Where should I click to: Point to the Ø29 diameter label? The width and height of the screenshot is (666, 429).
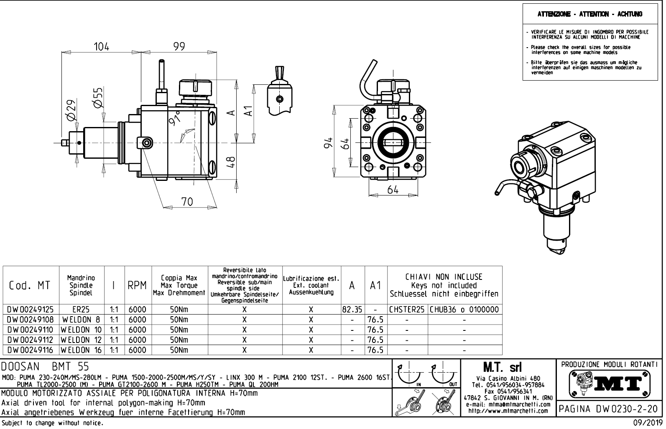pyautogui.click(x=71, y=110)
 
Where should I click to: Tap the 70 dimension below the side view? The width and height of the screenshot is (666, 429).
pyautogui.click(x=187, y=202)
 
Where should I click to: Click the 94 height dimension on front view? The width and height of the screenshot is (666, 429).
pyautogui.click(x=329, y=142)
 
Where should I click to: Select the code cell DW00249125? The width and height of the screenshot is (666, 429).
pyautogui.click(x=31, y=310)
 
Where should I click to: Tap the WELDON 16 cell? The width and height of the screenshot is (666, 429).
pyautogui.click(x=82, y=350)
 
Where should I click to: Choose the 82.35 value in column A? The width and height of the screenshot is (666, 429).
pyautogui.click(x=352, y=310)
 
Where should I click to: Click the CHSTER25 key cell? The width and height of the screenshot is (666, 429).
pyautogui.click(x=407, y=310)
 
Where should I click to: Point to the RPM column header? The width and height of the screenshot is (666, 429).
pyautogui.click(x=137, y=285)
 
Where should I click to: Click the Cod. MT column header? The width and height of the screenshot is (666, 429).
pyautogui.click(x=30, y=285)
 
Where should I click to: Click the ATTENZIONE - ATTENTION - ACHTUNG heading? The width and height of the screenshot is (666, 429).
pyautogui.click(x=590, y=14)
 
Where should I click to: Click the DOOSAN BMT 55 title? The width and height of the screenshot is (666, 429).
pyautogui.click(x=45, y=367)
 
